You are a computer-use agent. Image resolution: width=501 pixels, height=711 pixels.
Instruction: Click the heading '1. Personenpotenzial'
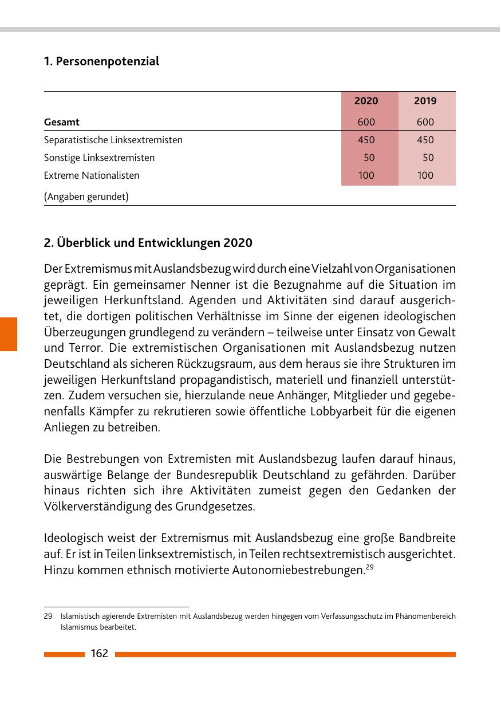click(x=101, y=61)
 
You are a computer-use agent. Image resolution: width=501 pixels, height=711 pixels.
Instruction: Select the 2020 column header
click(x=366, y=101)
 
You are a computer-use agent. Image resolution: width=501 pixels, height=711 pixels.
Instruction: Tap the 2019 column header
click(x=425, y=101)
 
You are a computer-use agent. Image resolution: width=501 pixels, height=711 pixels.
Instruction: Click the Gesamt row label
click(x=62, y=122)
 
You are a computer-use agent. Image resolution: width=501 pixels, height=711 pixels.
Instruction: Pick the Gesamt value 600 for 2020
click(x=366, y=122)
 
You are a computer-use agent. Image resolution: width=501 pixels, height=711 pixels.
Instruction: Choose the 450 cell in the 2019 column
click(x=425, y=140)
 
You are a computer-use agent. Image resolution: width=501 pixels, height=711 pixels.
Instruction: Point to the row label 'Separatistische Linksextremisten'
click(x=113, y=140)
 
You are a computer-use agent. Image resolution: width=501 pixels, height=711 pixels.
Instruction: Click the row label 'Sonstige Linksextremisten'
click(x=99, y=158)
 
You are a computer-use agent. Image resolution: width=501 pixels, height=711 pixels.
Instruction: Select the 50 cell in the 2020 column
click(x=369, y=158)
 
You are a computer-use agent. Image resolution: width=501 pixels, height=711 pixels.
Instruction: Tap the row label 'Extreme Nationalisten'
click(x=92, y=175)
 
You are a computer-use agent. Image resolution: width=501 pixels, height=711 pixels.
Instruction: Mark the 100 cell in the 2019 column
click(x=425, y=175)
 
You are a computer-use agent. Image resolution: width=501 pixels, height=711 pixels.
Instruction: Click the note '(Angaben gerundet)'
click(x=86, y=197)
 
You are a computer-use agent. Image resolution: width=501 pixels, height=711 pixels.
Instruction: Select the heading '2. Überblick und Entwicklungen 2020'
click(x=148, y=243)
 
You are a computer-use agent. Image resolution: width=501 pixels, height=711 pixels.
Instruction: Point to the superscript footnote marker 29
click(x=369, y=568)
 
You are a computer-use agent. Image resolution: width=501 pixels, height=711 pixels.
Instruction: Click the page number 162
click(x=99, y=654)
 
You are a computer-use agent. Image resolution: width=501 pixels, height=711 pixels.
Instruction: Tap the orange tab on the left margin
click(x=9, y=333)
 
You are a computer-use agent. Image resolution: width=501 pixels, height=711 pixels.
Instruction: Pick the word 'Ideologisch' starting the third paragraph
click(x=73, y=539)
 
